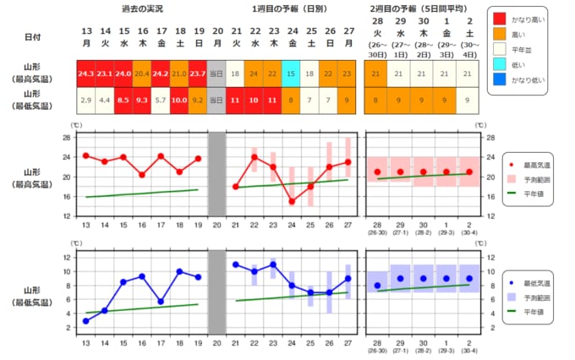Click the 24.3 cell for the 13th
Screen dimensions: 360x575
coord(85,74)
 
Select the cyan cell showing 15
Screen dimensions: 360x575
coord(291,74)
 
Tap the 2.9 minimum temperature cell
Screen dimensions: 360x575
coord(85,101)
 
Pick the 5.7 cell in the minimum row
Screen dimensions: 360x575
coord(161,101)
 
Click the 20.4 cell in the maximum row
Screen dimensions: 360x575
coord(142,74)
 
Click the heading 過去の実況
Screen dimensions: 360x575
coord(142,8)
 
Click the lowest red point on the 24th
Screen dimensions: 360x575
coord(291,201)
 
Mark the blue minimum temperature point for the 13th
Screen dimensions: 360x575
coord(85,321)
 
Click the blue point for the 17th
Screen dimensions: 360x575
coord(161,302)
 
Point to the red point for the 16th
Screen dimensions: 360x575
coord(142,175)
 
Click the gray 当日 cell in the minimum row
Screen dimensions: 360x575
coord(217,101)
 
